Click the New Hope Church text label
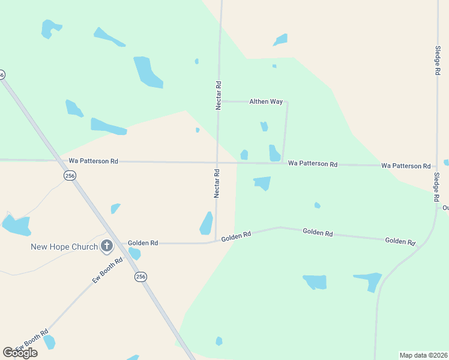click(64, 247)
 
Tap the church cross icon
click(107, 245)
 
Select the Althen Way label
click(266, 102)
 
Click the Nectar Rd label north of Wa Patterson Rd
click(219, 95)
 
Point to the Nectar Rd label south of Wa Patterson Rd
click(217, 183)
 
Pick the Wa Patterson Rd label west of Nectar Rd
click(94, 161)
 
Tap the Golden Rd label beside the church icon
click(143, 243)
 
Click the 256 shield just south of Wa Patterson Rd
click(70, 175)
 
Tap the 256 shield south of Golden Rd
click(140, 277)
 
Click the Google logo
click(20, 352)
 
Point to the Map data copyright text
click(423, 355)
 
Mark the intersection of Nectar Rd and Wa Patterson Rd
click(217, 162)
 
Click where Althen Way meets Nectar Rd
click(218, 101)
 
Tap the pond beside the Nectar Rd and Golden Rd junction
click(206, 223)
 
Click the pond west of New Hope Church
click(16, 226)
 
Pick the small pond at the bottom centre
click(219, 341)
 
